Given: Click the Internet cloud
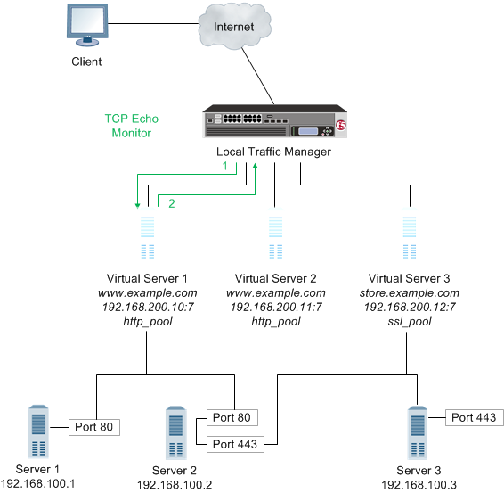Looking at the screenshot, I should click(x=233, y=28).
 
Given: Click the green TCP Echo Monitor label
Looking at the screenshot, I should click(x=131, y=126).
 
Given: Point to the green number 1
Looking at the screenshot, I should click(x=224, y=166).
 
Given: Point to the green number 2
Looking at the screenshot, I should click(x=171, y=204).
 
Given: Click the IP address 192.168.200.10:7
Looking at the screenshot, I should click(x=147, y=306).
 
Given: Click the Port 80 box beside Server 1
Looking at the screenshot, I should click(x=94, y=427).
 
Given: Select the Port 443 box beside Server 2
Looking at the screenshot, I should click(x=235, y=442).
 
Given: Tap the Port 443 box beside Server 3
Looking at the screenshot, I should click(x=474, y=417).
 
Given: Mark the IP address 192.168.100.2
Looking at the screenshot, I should click(x=175, y=484).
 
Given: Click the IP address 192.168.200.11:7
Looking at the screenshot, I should click(x=274, y=306).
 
